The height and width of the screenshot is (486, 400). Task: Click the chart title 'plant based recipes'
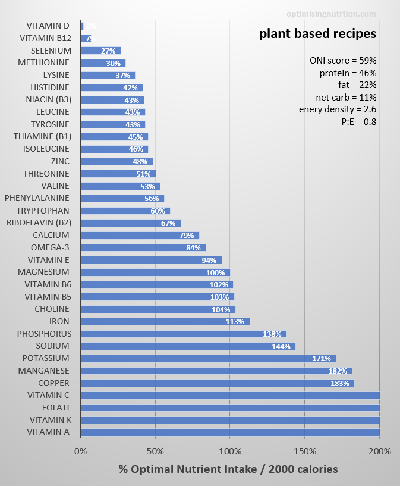coord(317,34)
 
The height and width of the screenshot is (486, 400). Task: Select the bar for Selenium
coord(100,51)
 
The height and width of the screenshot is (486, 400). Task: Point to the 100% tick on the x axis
coord(230,451)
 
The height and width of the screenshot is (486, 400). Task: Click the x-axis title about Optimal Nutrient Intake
coord(228,469)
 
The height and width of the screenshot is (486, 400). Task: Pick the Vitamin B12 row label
coord(45,38)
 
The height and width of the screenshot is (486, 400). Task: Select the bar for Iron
coord(165,321)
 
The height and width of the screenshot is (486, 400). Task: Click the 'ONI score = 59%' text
coord(343,61)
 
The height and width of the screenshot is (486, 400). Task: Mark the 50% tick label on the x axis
coord(155,451)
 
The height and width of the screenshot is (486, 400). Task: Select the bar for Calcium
coord(140,235)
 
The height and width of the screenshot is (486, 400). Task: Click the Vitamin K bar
coord(230,420)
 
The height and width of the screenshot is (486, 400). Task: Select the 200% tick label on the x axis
coord(379,451)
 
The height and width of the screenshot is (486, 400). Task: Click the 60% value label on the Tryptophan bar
coord(158,211)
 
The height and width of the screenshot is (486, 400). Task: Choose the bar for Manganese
coord(216,371)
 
